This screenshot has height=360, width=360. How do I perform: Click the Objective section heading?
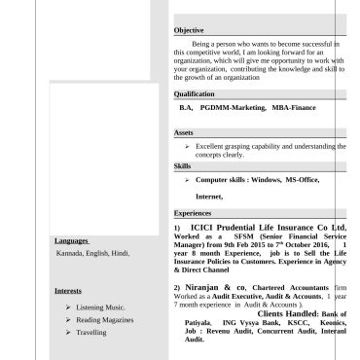point(189,31)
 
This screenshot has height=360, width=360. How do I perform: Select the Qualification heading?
point(194,93)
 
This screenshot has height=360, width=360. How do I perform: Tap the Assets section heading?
point(184,132)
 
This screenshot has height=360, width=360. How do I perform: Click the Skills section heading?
point(183,166)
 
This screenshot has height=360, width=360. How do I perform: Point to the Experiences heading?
point(193,212)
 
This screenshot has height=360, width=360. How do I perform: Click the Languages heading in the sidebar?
point(71,239)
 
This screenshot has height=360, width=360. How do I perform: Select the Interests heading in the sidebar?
point(68,290)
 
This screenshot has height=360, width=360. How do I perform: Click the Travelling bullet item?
point(91,333)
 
